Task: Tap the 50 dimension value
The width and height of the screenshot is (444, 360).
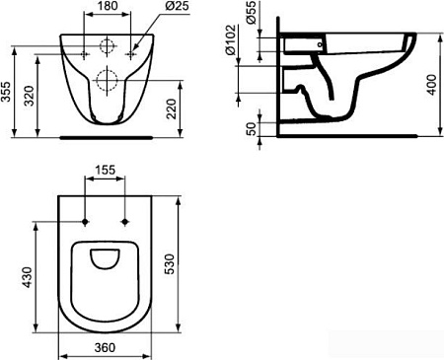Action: point(251,126)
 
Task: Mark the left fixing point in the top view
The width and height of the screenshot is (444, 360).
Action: point(88,221)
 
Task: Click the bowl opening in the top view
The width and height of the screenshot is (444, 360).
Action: point(106,260)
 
